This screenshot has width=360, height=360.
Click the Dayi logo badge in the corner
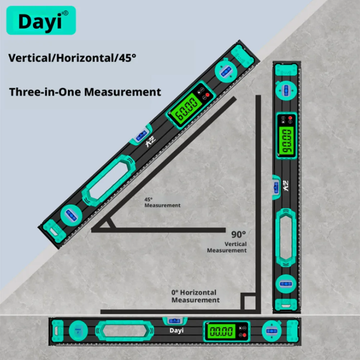[41, 21]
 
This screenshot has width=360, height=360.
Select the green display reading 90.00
[286, 141]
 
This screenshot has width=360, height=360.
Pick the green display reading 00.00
[221, 331]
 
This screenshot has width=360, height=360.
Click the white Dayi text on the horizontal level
[176, 330]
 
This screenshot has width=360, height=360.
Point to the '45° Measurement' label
[162, 202]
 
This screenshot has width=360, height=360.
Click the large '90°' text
[239, 234]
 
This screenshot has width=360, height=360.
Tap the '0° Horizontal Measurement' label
[195, 296]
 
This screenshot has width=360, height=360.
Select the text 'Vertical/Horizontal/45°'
[72, 58]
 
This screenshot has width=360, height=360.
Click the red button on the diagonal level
[207, 95]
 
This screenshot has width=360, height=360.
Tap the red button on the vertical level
[290, 118]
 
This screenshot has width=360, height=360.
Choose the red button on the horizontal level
[244, 335]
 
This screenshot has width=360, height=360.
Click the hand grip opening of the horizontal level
[125, 331]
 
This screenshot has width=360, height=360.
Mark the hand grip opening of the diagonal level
[108, 180]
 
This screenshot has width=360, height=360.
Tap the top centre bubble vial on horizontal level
[175, 321]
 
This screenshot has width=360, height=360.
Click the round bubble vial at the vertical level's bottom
[286, 284]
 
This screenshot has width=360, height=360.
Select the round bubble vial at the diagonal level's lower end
[71, 216]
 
